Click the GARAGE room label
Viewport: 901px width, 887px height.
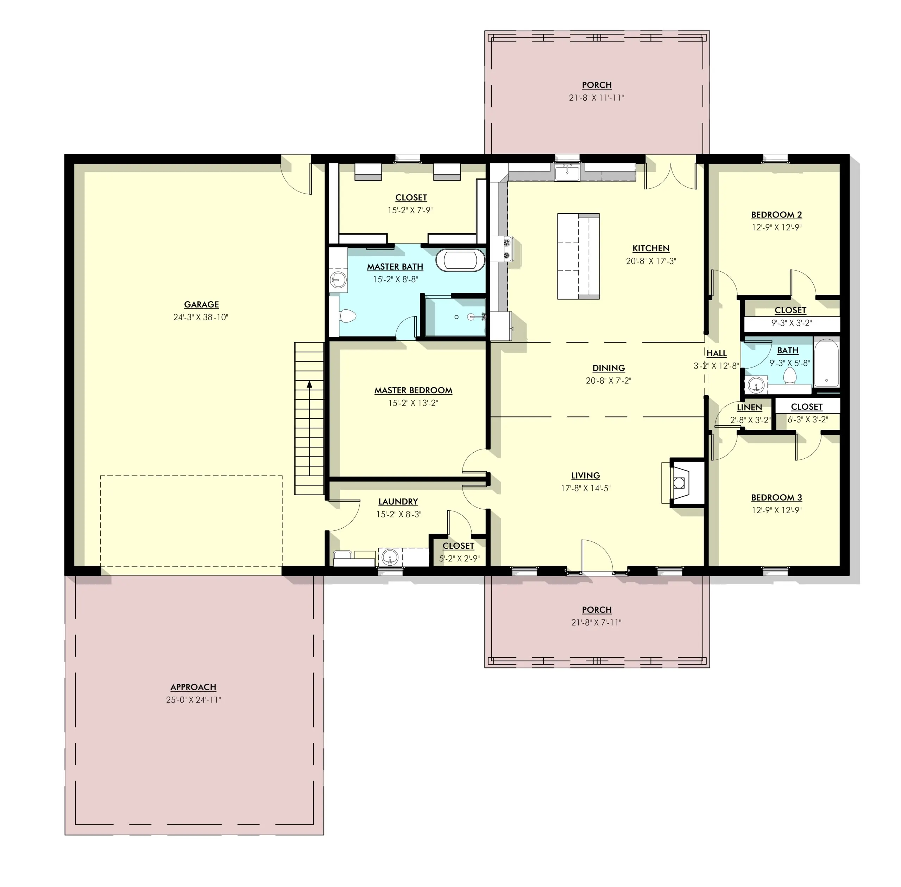tap(201, 304)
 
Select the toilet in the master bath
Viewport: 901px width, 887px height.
tap(347, 316)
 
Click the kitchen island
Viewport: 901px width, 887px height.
tap(578, 256)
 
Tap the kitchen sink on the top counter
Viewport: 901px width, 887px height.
tap(567, 172)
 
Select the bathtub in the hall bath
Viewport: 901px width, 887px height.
tap(826, 363)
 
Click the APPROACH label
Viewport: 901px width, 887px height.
tap(193, 687)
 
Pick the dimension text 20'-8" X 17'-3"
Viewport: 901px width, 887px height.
tap(651, 261)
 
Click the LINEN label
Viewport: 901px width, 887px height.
tap(749, 407)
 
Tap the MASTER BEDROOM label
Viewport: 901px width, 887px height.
tap(413, 390)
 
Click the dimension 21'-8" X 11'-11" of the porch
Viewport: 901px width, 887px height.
tap(596, 98)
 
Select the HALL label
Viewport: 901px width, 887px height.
tap(717, 353)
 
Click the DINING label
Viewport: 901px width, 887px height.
tap(609, 368)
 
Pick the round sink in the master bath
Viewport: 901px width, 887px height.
tap(338, 279)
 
